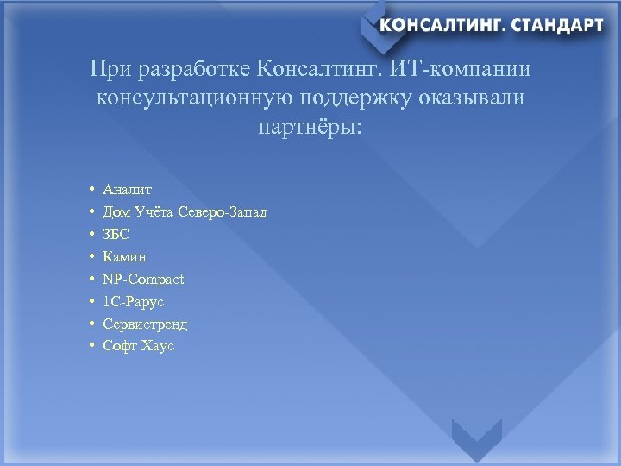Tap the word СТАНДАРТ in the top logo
(557, 25)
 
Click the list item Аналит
(127, 189)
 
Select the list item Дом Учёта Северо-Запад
(185, 211)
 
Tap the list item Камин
(124, 256)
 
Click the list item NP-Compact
(143, 279)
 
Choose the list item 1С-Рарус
(133, 301)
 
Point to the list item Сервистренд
(145, 324)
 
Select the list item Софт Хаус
(138, 346)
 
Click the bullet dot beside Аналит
(91, 189)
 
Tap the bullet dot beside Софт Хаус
(91, 346)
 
